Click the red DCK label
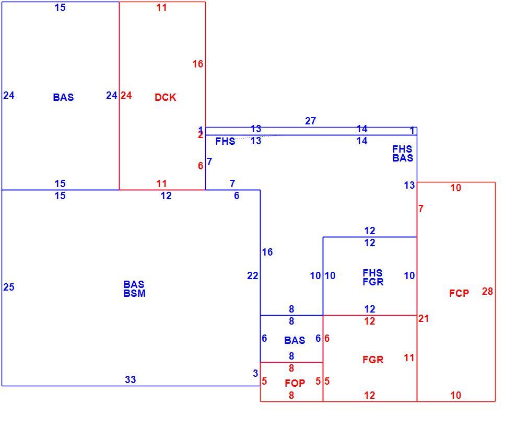(165, 97)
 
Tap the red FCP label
(459, 293)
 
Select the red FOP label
(295, 383)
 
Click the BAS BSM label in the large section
(135, 288)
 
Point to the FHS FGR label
(373, 277)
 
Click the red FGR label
(373, 360)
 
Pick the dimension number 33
(131, 379)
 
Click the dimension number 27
(310, 121)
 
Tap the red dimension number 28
(487, 292)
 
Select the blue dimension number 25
(9, 287)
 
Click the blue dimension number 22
(253, 275)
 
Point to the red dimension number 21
(424, 318)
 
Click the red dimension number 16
(198, 64)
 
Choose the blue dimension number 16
(267, 252)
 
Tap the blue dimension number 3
(255, 373)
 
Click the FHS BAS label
(403, 154)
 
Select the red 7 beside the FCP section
(421, 209)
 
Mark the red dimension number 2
(201, 135)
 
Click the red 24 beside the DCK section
(126, 95)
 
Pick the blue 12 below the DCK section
(166, 195)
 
